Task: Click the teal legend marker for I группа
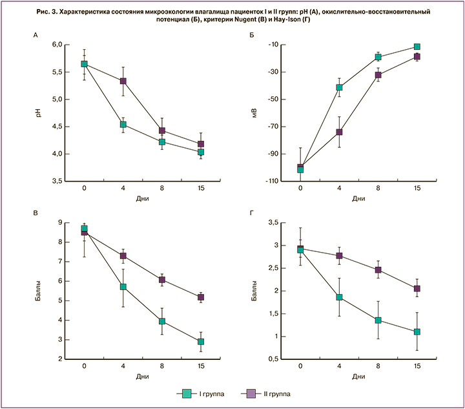tap(186, 393)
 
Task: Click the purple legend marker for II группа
tap(251, 393)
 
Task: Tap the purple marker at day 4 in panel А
tap(123, 81)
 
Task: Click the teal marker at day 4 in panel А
tap(123, 125)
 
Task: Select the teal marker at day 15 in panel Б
tap(417, 47)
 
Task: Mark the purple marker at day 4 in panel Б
tap(339, 132)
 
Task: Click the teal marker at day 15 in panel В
tap(201, 342)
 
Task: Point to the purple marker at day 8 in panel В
tap(162, 280)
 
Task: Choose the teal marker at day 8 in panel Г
tap(378, 320)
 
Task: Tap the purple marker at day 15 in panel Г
tap(417, 289)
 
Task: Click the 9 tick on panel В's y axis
tap(59, 223)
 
